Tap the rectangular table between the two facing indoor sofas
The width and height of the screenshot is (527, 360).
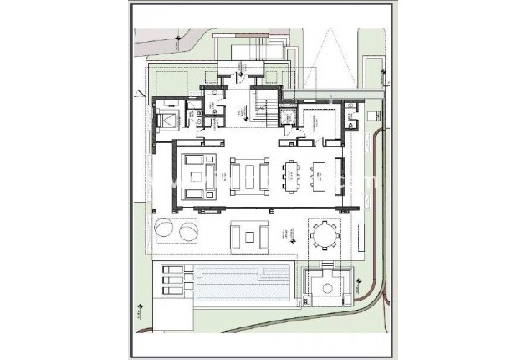coord(245,177)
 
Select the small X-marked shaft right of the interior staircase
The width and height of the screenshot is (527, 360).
coord(288,117)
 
